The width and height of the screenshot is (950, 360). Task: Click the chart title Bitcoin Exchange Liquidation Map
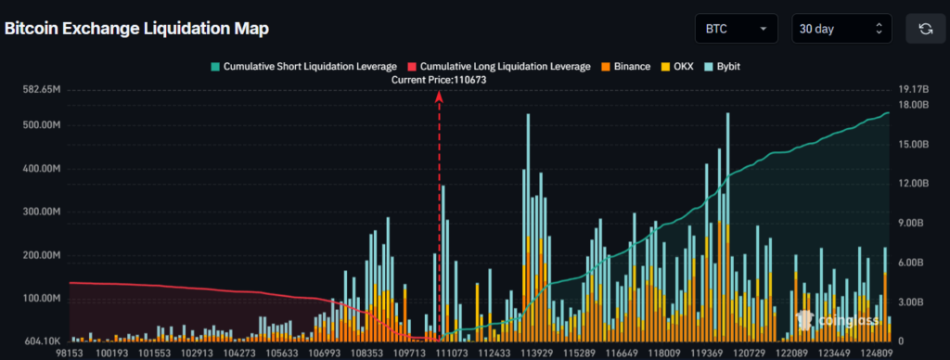(x=136, y=29)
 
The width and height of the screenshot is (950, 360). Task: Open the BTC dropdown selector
(x=737, y=29)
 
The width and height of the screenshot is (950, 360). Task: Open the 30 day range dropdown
(x=841, y=29)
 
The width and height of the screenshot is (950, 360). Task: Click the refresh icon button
(x=925, y=29)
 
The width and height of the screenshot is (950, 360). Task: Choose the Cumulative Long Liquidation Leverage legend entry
(x=498, y=67)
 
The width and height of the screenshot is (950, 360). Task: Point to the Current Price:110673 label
(x=439, y=81)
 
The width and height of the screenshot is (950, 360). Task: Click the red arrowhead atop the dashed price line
(x=439, y=97)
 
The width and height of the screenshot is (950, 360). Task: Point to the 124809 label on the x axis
(x=874, y=354)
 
